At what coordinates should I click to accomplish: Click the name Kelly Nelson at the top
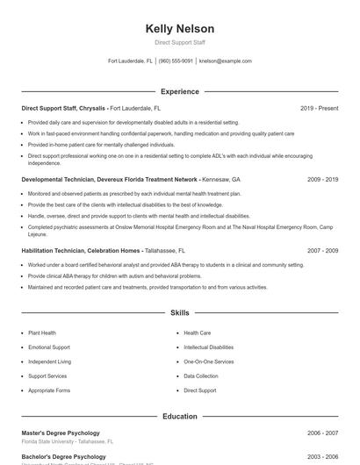[179, 29]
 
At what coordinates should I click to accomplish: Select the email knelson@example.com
[225, 61]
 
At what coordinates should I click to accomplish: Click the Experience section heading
[179, 91]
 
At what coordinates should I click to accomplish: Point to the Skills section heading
[179, 312]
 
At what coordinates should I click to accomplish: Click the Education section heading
[179, 416]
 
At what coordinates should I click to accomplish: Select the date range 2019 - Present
[319, 108]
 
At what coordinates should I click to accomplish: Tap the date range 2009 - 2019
[322, 179]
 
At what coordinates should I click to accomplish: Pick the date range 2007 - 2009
[322, 250]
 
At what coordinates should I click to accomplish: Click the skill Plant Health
[42, 333]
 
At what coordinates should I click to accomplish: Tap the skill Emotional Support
[49, 347]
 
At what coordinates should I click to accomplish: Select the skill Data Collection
[201, 376]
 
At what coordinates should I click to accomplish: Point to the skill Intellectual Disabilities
[209, 347]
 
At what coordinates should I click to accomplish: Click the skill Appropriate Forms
[49, 390]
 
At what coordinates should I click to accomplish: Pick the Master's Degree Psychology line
[61, 433]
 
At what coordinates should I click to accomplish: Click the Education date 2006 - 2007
[322, 433]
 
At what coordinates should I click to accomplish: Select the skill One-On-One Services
[209, 361]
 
